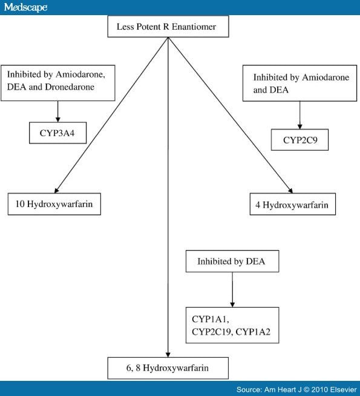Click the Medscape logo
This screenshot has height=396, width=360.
click(26, 7)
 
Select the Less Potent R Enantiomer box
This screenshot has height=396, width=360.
click(168, 27)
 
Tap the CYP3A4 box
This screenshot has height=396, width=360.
click(57, 133)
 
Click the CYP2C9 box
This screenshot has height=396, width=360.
click(299, 140)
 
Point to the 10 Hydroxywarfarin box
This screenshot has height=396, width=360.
click(54, 204)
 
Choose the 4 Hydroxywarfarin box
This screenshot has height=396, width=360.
click(293, 204)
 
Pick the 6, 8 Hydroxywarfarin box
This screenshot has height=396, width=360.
click(168, 368)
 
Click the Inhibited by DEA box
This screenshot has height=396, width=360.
click(232, 261)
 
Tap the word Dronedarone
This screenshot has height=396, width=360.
click(70, 87)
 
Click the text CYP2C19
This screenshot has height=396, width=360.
click(212, 332)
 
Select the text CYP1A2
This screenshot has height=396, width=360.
click(253, 332)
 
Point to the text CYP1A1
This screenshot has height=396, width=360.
click(211, 319)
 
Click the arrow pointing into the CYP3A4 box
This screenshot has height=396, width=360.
click(57, 111)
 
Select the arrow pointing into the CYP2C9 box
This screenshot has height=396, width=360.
click(299, 116)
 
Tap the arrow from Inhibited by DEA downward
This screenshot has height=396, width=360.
click(232, 289)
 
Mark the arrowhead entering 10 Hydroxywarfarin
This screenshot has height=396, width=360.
click(56, 191)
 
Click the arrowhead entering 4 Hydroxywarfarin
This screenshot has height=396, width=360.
click(290, 191)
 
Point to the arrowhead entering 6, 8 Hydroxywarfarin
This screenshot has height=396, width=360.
click(168, 355)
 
